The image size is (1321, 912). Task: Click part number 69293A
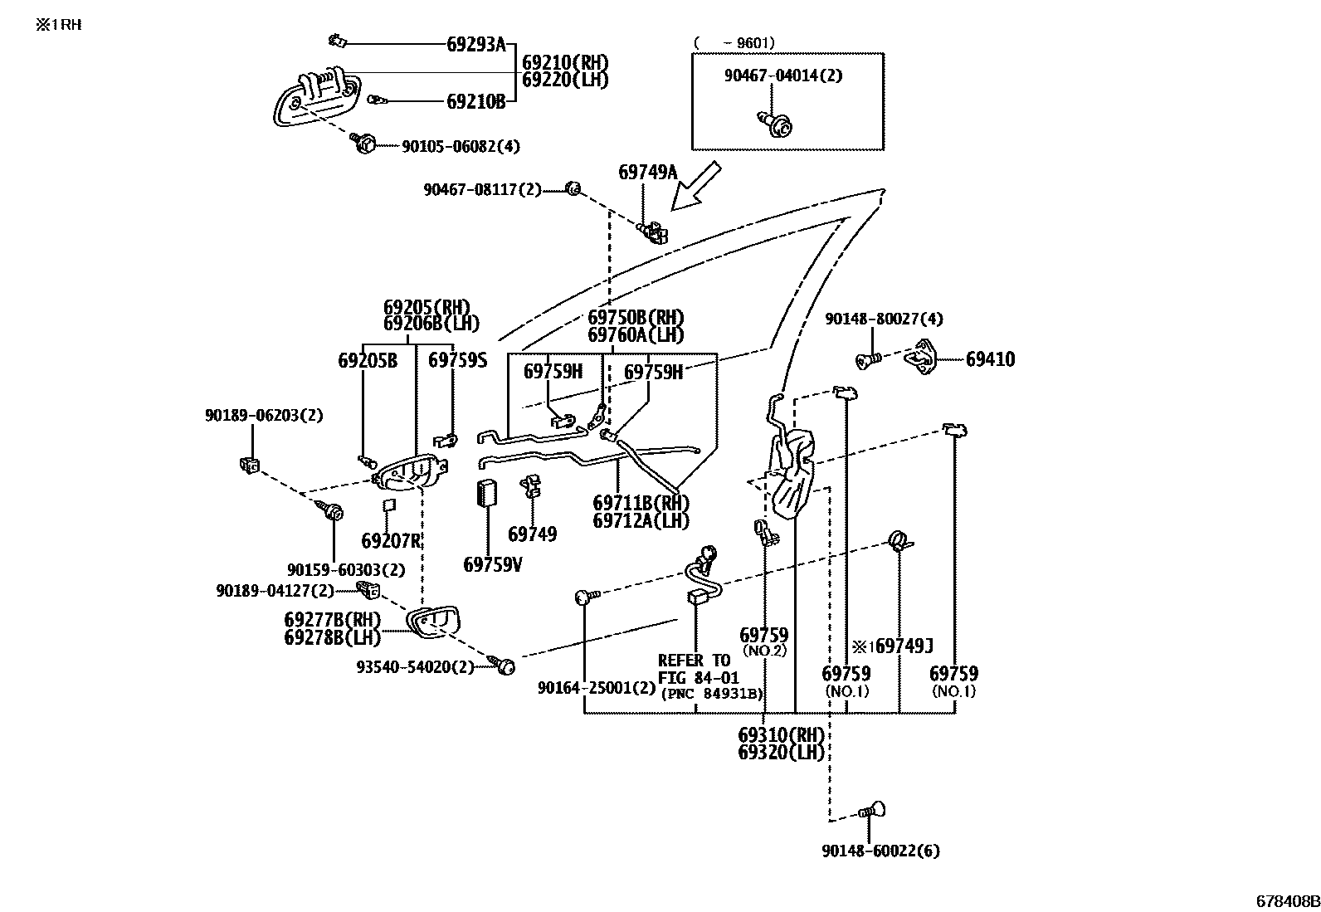tap(475, 44)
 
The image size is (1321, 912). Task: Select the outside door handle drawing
tap(318, 98)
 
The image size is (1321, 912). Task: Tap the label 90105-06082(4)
tap(461, 146)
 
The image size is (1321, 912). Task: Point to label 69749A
tap(647, 173)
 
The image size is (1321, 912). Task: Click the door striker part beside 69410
tap(920, 357)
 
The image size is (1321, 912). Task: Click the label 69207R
tap(392, 541)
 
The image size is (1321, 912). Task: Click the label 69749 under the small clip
tap(532, 534)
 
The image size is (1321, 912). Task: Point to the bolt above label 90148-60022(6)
tap(872, 810)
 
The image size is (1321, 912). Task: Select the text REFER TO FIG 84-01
tap(695, 670)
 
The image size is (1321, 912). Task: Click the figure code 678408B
tap(1286, 901)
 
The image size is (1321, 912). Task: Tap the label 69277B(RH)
tap(332, 620)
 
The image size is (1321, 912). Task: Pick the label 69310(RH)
tap(781, 734)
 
